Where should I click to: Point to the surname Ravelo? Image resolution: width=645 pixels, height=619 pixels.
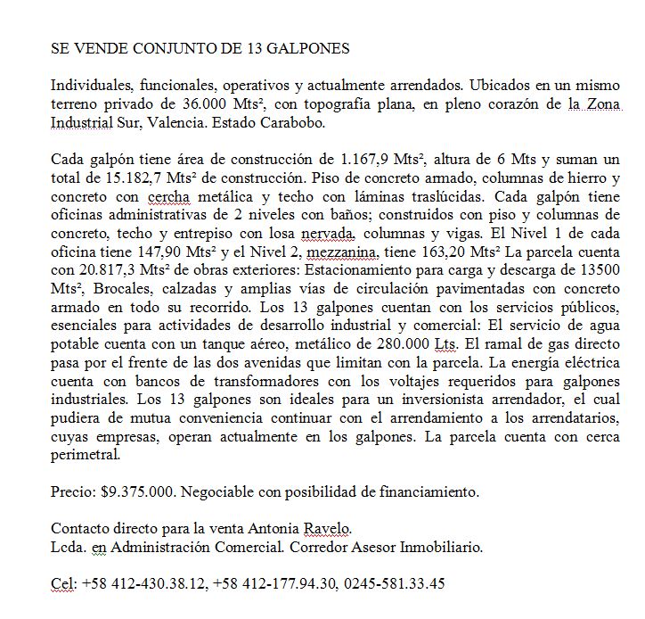330,528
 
